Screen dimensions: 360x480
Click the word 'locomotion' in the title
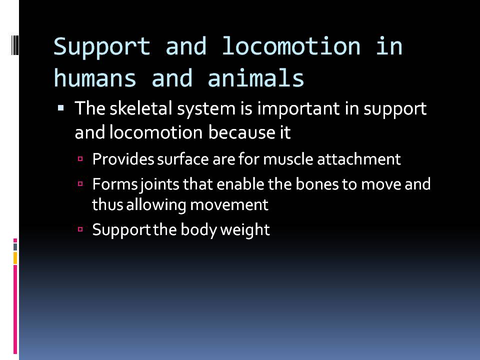[290, 47]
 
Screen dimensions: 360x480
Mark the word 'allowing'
[143, 205]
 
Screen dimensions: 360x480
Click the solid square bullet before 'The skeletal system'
[61, 107]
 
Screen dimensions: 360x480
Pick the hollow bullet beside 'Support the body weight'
[80, 230]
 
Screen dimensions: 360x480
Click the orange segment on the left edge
[15, 258]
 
